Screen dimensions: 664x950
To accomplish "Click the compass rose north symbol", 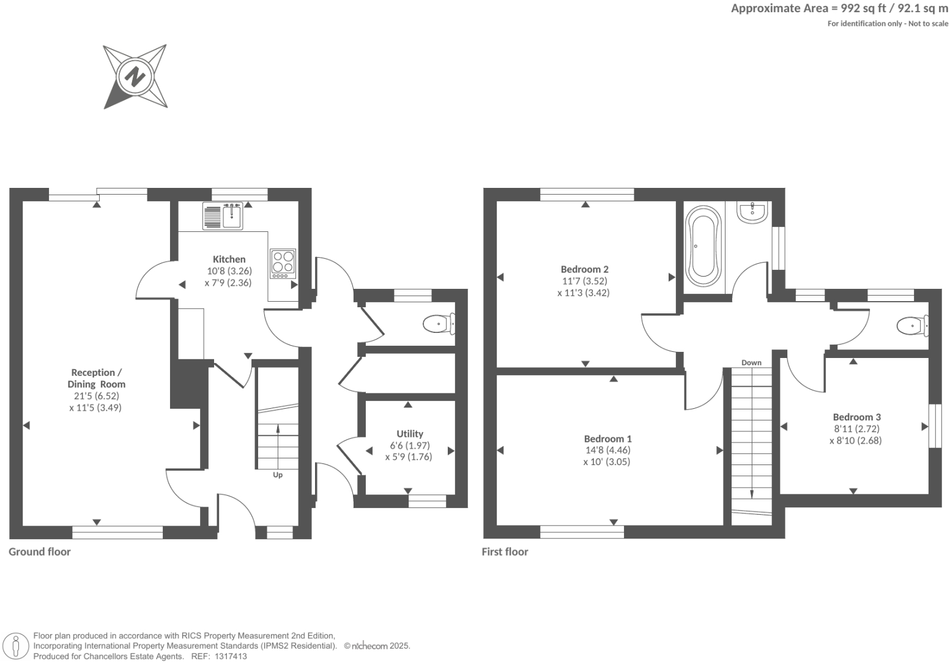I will pos(135,76).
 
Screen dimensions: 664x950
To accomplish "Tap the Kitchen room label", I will pos(229,259).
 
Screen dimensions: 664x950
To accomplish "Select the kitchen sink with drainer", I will pos(223,215).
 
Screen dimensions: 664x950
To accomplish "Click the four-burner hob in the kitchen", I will pos(283,263).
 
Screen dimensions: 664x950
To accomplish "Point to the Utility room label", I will pos(409,433).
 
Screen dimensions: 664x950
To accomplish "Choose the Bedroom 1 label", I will pos(607,438).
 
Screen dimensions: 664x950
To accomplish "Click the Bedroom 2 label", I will pos(584,269).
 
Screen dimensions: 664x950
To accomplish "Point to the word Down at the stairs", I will pos(751,362).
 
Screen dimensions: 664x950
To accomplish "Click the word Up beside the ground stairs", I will pos(278,474).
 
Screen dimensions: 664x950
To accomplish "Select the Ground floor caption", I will pos(40,551).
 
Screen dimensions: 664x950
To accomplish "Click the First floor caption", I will pos(505,551).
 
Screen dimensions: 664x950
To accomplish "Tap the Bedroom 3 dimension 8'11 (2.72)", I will pos(856,428).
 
